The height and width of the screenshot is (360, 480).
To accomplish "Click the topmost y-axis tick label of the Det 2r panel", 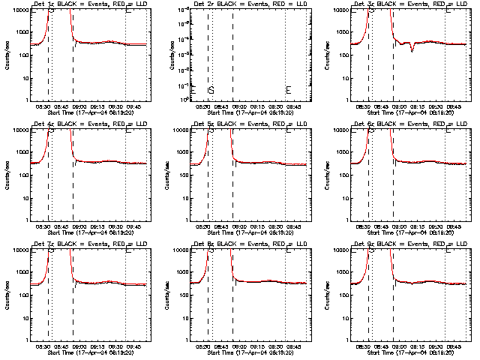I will pos(177,10).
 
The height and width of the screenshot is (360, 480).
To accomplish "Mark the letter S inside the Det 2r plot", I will pos(211,91).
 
